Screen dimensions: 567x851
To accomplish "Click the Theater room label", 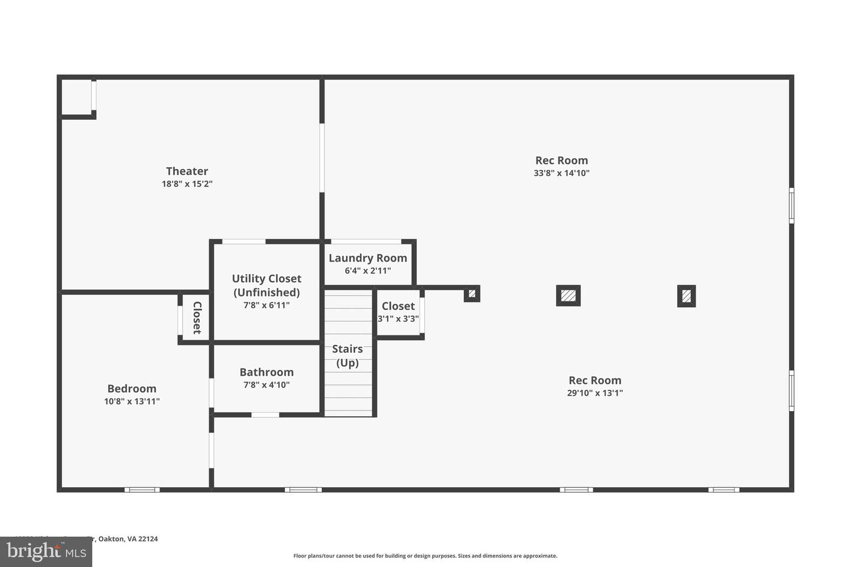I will point(187,171).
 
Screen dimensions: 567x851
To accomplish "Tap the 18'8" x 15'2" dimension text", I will point(187,184).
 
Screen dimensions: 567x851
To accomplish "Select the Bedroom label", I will point(132,389).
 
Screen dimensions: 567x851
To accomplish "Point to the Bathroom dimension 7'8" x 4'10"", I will point(267,385).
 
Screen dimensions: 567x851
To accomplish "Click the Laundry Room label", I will point(368,258).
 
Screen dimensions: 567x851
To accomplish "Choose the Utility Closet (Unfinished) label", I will point(267,285).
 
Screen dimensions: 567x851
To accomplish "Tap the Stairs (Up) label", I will point(347,356).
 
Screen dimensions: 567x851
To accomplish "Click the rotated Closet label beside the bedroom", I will point(197,318).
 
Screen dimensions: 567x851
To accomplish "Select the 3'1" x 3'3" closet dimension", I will point(398,319).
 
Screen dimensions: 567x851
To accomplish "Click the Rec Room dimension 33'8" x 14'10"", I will point(561,174).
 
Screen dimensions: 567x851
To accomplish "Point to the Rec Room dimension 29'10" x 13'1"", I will point(595,393).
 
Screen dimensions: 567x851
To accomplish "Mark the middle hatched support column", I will point(568,295).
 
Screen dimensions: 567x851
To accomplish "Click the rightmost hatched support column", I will point(686,296).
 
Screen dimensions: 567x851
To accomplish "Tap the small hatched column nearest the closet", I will point(472,294).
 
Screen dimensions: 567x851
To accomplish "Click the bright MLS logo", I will point(46,552).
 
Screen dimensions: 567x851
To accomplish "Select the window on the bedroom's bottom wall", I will point(142,490).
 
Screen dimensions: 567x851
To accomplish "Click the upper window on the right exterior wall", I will point(791,206).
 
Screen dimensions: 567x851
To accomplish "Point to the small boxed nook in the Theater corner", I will point(77,97).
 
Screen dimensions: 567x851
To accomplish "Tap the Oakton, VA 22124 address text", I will point(128,539).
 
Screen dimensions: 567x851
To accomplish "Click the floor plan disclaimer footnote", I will point(425,556).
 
